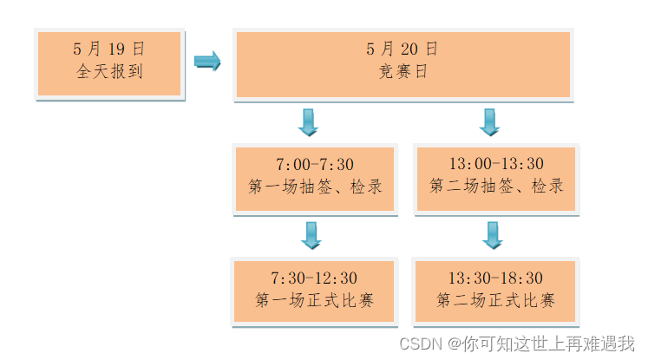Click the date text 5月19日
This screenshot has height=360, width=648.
109,49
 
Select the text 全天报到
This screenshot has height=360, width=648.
109,72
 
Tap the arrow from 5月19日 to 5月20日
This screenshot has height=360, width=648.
207,62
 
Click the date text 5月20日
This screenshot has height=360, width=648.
403,49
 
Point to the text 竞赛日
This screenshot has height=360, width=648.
403,72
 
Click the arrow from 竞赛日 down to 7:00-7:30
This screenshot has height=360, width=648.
308,122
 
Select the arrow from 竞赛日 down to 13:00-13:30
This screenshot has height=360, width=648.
489,122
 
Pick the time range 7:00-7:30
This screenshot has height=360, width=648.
314,164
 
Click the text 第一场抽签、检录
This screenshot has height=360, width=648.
314,187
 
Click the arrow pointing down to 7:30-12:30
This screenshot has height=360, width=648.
311,235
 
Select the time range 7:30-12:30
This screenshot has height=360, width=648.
314,278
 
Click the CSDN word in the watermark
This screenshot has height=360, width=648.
422,343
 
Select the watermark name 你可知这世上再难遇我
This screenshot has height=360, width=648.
549,343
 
